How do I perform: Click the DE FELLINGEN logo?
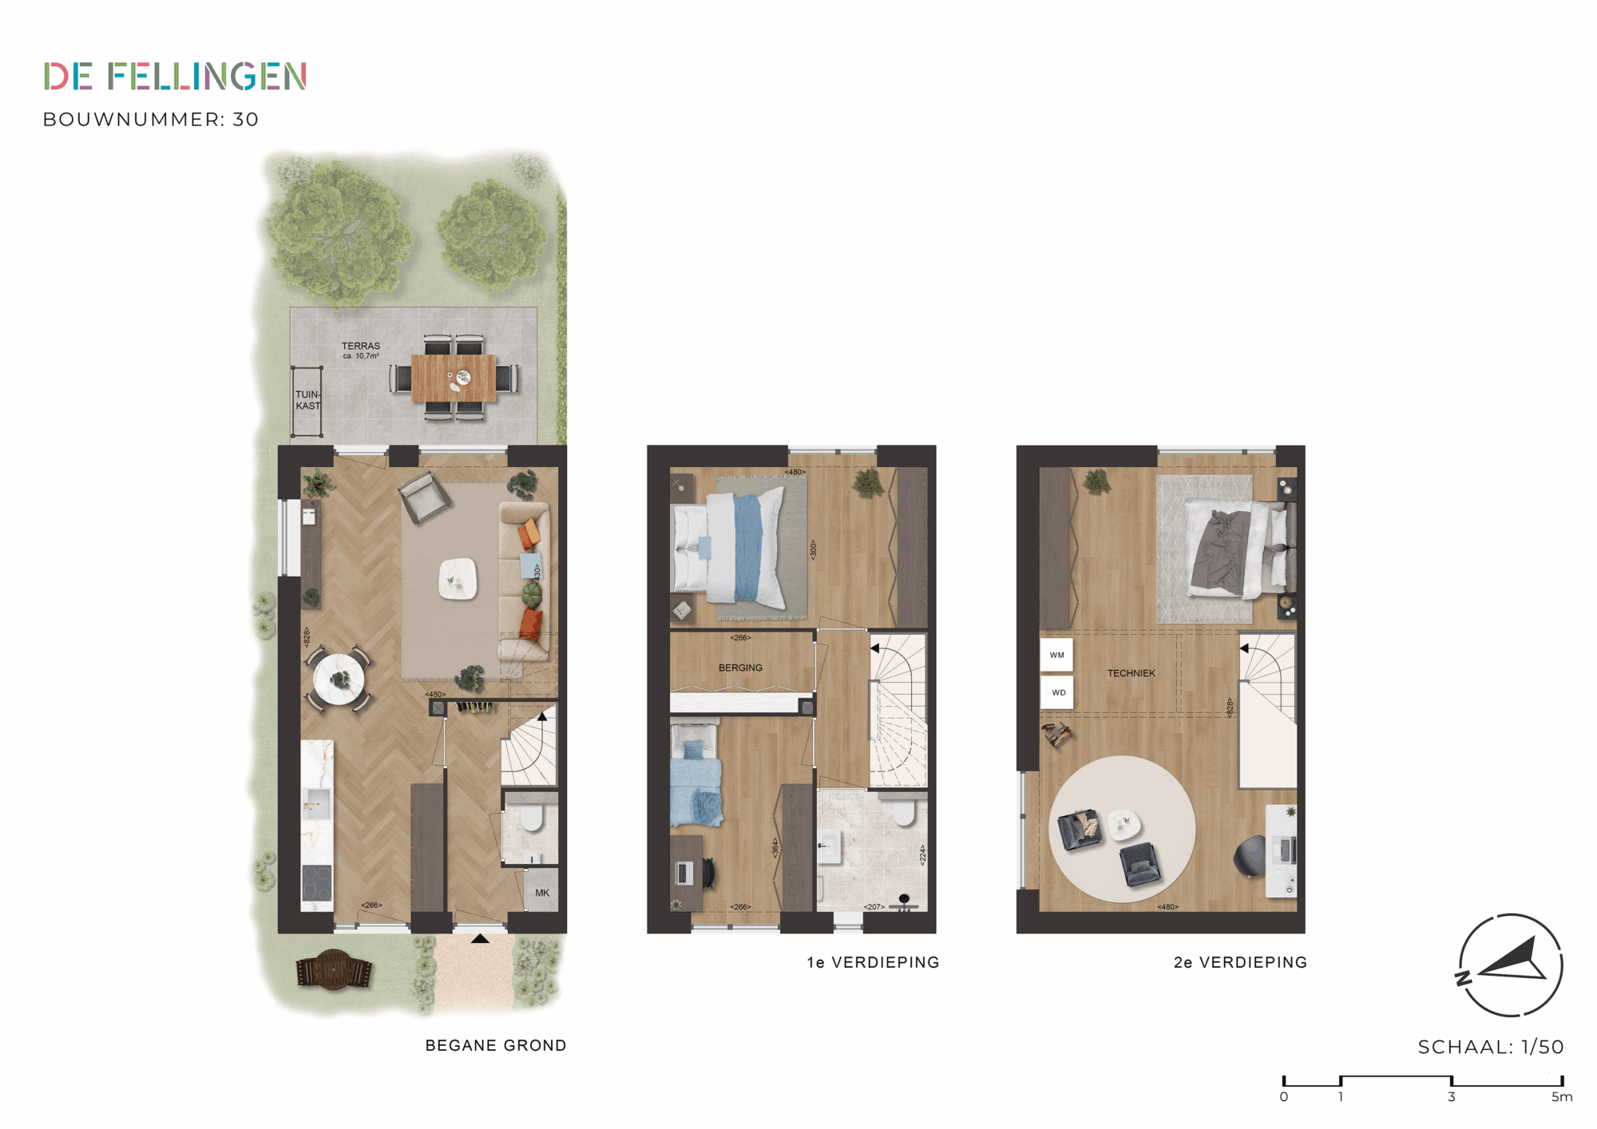175,77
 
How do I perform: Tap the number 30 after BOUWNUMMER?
246,120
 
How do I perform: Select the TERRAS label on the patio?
361,346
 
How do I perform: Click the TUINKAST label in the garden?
307,400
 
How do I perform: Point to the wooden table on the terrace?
454,378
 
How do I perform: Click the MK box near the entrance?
542,893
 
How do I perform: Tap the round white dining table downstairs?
339,679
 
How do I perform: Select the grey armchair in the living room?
425,497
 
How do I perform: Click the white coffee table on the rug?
458,578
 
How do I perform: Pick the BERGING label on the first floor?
740,667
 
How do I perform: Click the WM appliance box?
1056,655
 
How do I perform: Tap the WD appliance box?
1057,692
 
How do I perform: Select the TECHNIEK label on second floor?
1131,673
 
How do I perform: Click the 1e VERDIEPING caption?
873,962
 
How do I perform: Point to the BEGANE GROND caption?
496,1045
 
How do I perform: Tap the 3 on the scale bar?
1451,1097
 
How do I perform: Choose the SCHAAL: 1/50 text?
1490,1047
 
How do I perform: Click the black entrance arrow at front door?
480,939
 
